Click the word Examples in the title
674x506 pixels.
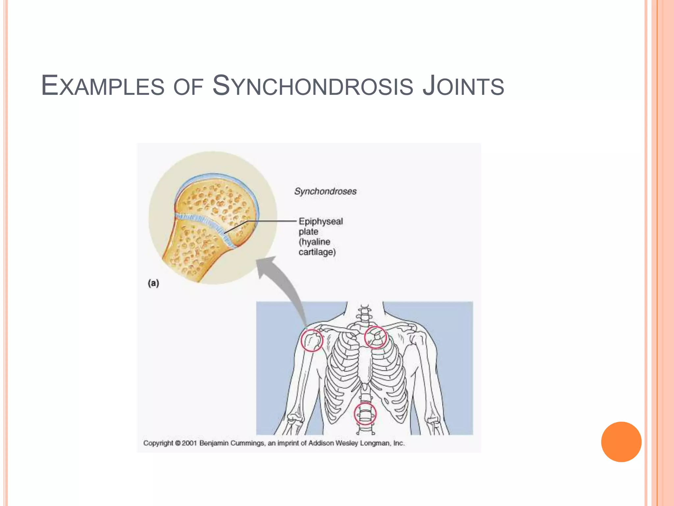click(102, 86)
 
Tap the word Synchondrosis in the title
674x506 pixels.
click(312, 86)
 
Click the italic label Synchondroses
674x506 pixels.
click(325, 191)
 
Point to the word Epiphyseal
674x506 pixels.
click(321, 221)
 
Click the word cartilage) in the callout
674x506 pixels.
click(317, 252)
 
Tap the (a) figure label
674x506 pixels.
click(153, 283)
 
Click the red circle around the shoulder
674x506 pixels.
click(312, 341)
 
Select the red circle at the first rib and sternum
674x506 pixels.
click(375, 337)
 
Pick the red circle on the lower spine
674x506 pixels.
click(365, 414)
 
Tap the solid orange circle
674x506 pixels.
click(621, 442)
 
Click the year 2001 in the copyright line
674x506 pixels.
click(189, 443)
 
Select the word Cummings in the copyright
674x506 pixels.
click(247, 443)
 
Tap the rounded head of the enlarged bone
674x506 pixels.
click(217, 198)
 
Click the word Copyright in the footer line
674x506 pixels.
click(158, 443)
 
